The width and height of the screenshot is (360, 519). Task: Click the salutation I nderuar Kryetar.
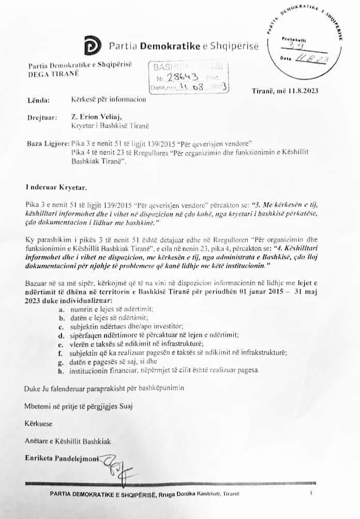click(x=53, y=185)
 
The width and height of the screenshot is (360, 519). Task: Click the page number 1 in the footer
click(x=311, y=493)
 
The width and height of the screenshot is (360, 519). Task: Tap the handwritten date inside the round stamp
click(x=310, y=58)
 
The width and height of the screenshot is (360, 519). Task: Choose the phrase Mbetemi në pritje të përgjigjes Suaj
click(x=78, y=406)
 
